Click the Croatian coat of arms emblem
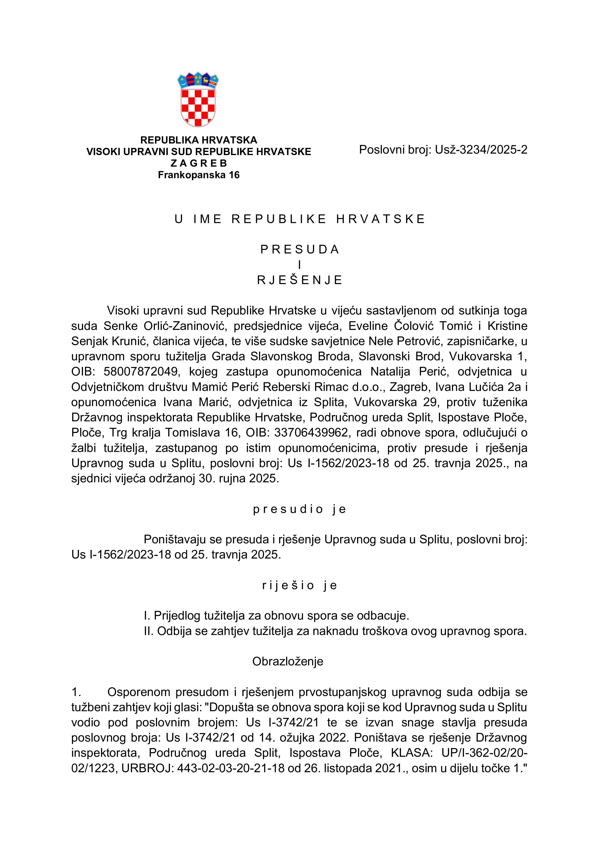click(198, 100)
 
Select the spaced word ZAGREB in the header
click(199, 163)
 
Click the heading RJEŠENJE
click(299, 280)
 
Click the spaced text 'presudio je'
click(299, 509)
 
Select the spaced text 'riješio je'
click(299, 586)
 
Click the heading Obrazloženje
click(288, 662)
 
